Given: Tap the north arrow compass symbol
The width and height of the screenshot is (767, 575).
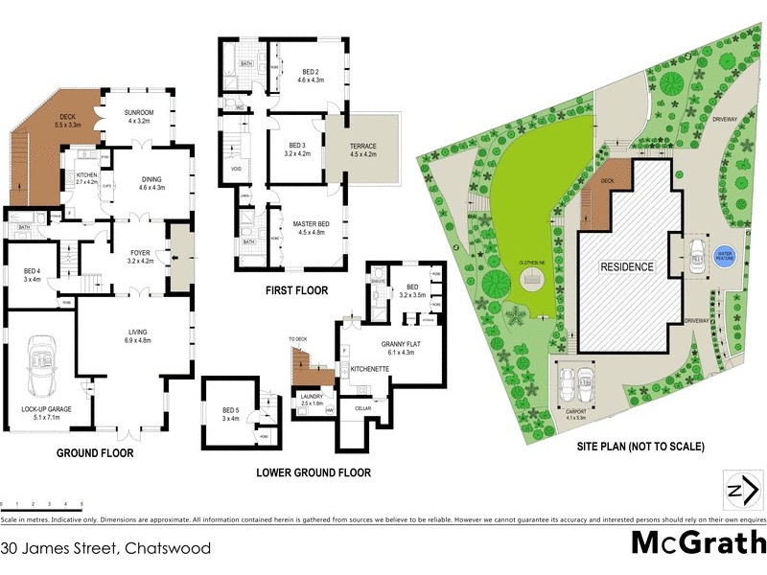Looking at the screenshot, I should pyautogui.click(x=738, y=490).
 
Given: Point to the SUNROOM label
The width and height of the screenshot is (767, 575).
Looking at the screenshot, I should pyautogui.click(x=138, y=112).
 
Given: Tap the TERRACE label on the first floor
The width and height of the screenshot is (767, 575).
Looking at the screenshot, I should pyautogui.click(x=363, y=147).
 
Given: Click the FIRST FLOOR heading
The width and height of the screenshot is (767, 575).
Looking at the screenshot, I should pyautogui.click(x=296, y=289).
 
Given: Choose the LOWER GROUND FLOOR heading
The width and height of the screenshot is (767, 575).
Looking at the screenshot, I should pyautogui.click(x=313, y=472).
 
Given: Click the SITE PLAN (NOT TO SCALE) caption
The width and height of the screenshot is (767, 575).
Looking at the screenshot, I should pyautogui.click(x=640, y=447).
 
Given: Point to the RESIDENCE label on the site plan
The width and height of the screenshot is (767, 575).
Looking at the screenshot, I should pyautogui.click(x=627, y=267).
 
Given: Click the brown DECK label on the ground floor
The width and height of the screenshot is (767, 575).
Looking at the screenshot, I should pyautogui.click(x=65, y=118).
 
